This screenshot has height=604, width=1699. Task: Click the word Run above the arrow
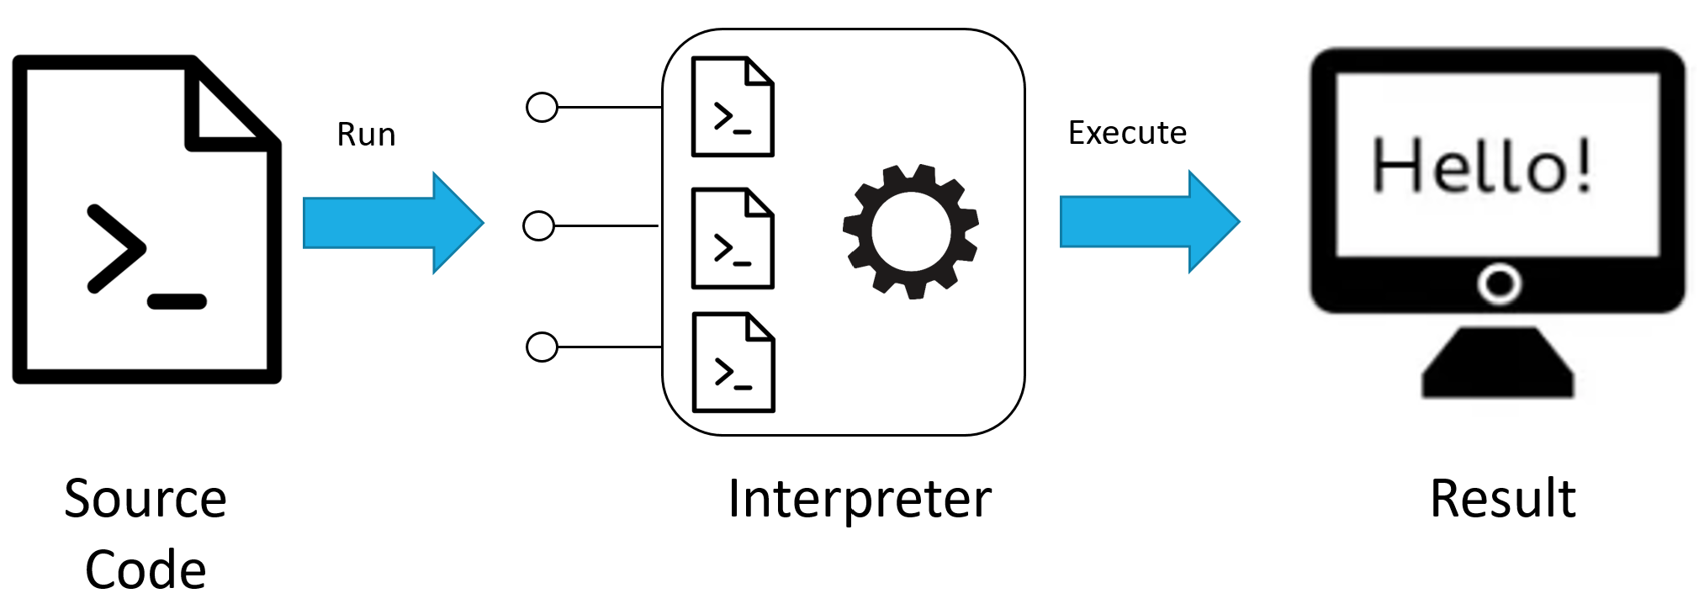tap(366, 135)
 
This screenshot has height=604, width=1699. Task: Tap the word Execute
tap(1127, 133)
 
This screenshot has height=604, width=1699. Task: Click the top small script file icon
tap(733, 107)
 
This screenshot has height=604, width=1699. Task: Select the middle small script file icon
tap(733, 238)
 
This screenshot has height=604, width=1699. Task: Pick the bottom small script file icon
tap(733, 363)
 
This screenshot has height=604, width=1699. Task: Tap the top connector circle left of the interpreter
tap(542, 108)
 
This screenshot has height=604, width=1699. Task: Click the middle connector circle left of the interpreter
tap(538, 226)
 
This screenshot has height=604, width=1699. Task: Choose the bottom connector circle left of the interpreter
tap(542, 347)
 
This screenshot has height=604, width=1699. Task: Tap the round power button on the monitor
tap(1499, 284)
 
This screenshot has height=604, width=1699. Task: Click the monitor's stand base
tap(1497, 366)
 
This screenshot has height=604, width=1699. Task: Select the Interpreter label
tap(860, 499)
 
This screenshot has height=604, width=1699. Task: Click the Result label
tap(1502, 499)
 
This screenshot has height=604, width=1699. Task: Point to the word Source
tap(146, 499)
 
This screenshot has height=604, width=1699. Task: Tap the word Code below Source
tap(146, 570)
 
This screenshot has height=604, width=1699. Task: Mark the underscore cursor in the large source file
tap(177, 301)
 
